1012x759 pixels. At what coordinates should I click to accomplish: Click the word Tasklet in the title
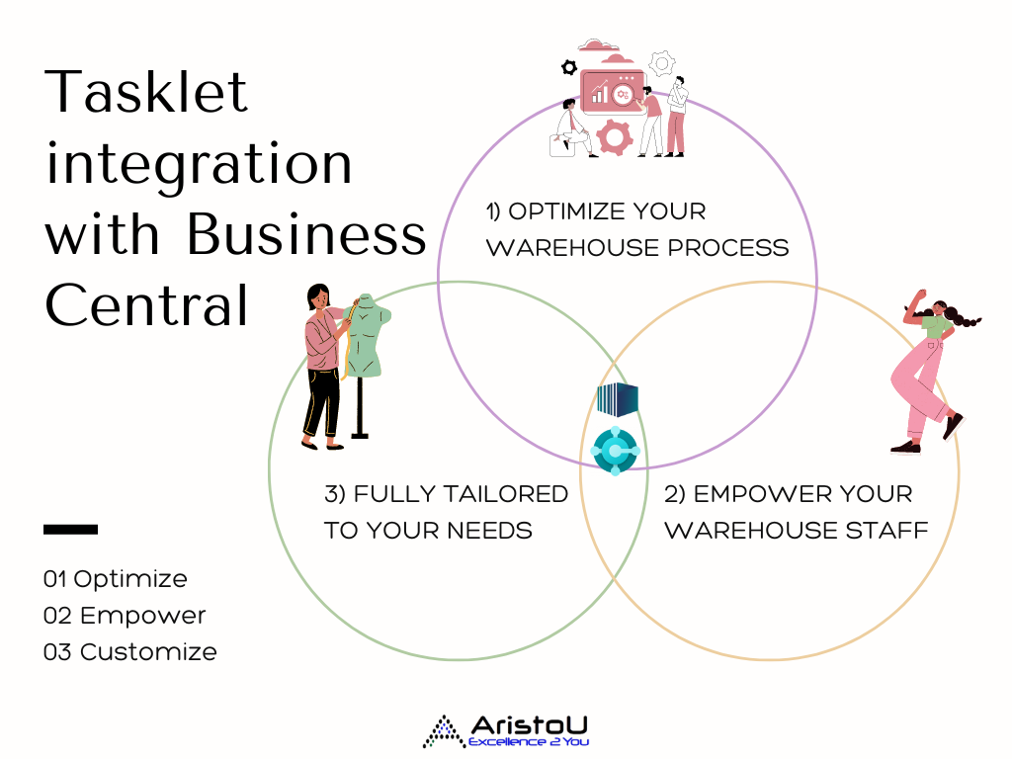coord(146,92)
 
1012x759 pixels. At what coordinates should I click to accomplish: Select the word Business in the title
coord(306,233)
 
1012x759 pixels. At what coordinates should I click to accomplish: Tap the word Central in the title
coord(146,304)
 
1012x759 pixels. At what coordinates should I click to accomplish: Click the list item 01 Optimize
coord(115,579)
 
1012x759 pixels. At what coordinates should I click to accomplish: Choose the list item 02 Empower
coord(124,615)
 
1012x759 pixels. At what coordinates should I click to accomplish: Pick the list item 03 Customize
coord(129,652)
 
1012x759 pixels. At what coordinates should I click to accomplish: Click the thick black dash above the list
coord(70,530)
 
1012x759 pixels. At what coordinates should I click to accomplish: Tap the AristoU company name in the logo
coord(530,725)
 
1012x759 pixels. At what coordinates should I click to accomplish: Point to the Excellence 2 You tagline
coord(529,741)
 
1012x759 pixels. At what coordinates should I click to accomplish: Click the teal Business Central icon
coord(615,451)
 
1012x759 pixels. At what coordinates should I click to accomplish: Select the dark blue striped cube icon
coord(618,399)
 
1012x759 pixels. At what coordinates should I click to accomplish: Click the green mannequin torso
coord(368,336)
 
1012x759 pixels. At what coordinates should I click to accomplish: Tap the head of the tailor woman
coord(317,296)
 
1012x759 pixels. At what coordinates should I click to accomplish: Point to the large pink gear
coord(614,136)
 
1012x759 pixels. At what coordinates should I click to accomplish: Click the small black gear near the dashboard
coord(568,67)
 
